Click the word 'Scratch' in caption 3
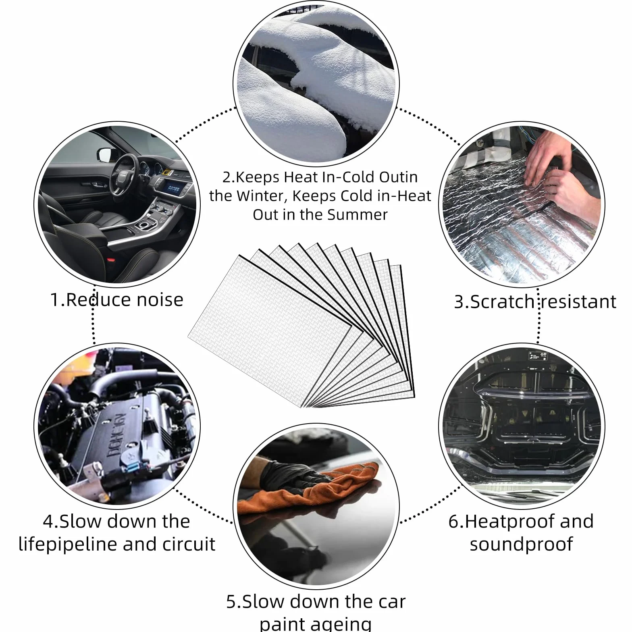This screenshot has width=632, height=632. pos(502,302)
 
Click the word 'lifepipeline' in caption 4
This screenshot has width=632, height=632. pos(68,545)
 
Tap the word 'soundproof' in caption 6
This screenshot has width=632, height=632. pos(521,544)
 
